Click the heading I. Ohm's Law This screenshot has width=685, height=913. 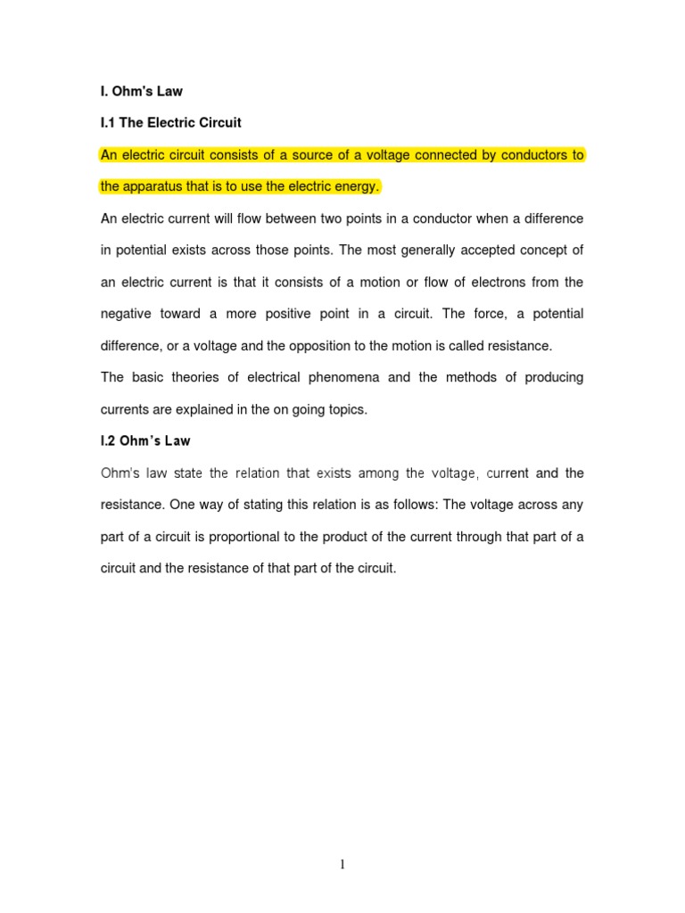[141, 91]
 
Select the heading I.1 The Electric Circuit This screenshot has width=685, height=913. [170, 122]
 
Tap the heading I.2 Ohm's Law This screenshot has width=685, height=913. [145, 441]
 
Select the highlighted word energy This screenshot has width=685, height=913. [359, 186]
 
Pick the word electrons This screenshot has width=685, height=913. [502, 282]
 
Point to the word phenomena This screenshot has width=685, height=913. [342, 377]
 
